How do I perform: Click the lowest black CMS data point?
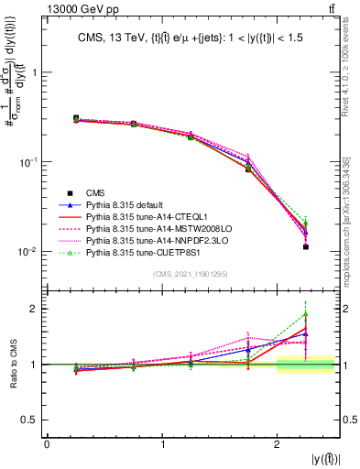[306, 246]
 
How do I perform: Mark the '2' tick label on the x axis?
[278, 445]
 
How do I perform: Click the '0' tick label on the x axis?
[47, 445]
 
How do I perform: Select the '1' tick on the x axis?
[162, 445]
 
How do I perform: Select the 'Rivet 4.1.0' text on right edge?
[352, 64]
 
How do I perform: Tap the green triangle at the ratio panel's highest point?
[306, 314]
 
